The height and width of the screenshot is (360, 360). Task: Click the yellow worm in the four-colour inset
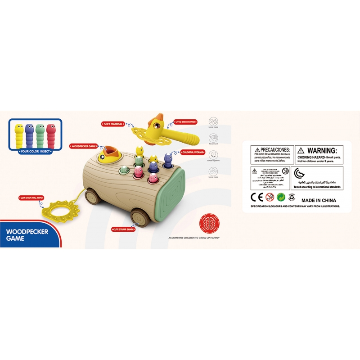18,135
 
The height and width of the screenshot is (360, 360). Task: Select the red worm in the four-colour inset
51,135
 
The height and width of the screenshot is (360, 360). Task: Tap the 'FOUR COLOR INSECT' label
36,152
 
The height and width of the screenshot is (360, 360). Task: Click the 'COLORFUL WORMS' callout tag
193,152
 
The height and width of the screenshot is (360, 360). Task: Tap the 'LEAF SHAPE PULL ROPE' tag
32,197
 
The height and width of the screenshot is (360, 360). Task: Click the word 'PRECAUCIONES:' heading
274,149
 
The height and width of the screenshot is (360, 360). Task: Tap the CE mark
256,197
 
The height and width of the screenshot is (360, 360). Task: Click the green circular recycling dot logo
281,197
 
